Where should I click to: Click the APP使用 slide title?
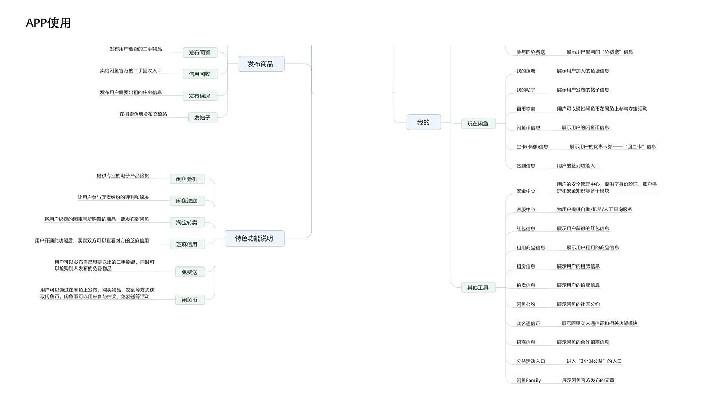click(48, 23)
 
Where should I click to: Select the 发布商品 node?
click(261, 64)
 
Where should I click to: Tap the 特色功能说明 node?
click(254, 238)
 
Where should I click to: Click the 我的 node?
click(424, 122)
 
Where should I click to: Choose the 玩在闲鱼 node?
click(478, 124)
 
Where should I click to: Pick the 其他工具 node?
click(478, 287)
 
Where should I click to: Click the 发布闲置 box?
click(200, 52)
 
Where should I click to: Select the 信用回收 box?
click(200, 74)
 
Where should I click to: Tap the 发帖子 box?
click(202, 118)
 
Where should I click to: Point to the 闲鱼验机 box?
click(187, 179)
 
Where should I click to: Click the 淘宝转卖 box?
click(187, 222)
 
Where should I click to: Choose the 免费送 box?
click(190, 272)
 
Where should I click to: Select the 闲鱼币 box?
click(190, 300)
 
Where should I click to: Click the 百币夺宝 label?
click(526, 109)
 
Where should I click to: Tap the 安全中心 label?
click(526, 191)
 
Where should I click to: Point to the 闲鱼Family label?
click(528, 380)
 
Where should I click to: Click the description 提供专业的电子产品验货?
click(123, 175)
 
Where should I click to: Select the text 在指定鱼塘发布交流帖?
click(143, 114)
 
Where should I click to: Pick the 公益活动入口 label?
click(531, 361)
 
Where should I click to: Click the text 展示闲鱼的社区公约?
click(578, 304)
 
